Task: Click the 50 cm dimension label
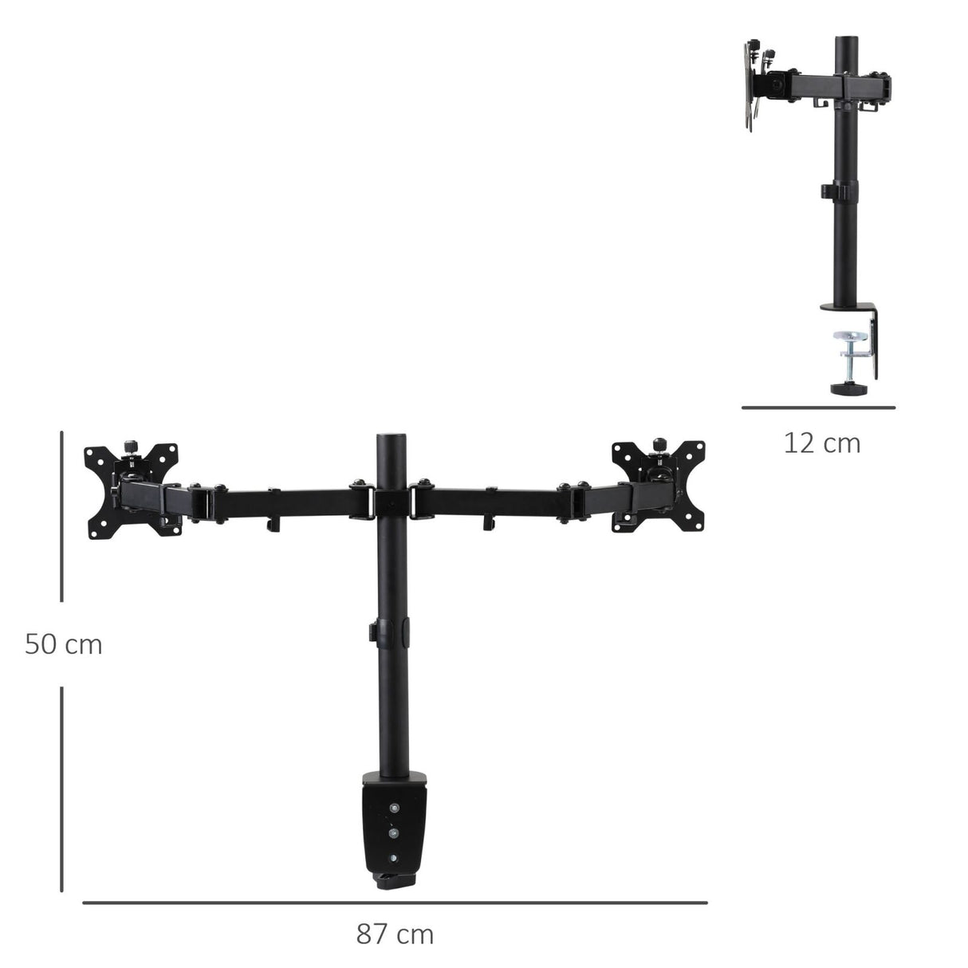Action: [x=64, y=643]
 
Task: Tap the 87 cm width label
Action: [x=395, y=934]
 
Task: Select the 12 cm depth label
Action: [x=822, y=443]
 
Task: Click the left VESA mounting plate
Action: [x=132, y=488]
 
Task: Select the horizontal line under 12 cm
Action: [x=818, y=407]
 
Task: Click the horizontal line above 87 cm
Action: [x=395, y=903]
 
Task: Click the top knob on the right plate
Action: [x=659, y=444]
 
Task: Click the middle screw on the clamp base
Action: [x=392, y=833]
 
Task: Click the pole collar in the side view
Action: [x=840, y=192]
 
